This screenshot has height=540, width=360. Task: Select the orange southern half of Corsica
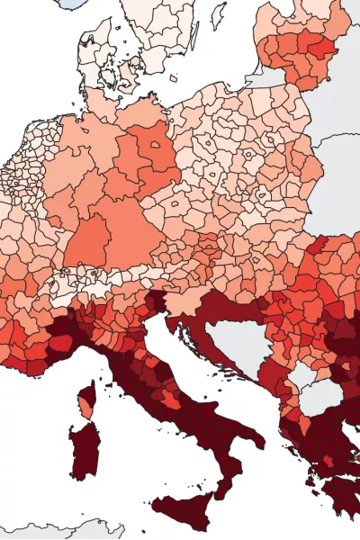click(x=86, y=409)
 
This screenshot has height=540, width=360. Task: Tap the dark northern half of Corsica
click(x=90, y=392)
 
